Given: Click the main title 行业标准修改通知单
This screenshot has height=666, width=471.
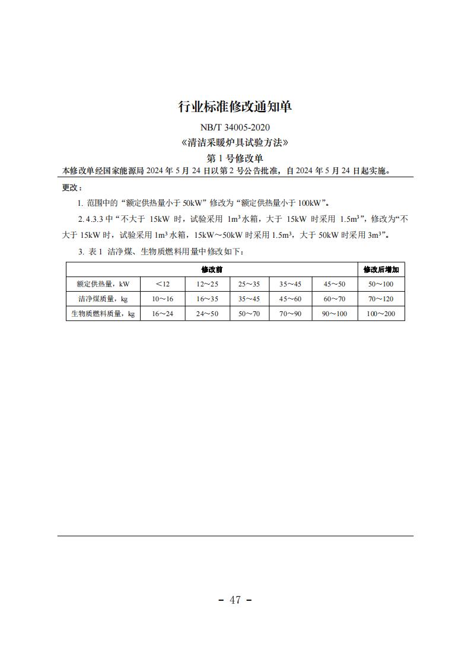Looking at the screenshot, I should click(x=235, y=107).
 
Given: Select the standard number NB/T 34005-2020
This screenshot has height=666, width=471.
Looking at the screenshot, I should click(x=235, y=127).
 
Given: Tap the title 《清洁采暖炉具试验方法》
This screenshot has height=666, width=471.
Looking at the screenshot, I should click(x=235, y=143).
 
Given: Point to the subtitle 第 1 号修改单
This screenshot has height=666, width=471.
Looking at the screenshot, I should click(x=235, y=158).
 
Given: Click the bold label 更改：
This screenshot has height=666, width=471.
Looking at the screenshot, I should click(x=71, y=187).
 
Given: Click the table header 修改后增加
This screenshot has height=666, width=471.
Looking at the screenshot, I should click(x=381, y=269).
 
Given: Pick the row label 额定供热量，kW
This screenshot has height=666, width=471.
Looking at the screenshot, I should click(x=103, y=284).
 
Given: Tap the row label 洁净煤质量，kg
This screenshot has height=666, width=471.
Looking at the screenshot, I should click(x=103, y=299).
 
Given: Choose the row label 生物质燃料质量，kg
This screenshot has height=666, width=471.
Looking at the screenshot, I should click(x=103, y=314).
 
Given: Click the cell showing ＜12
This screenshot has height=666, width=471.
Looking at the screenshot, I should click(x=163, y=284).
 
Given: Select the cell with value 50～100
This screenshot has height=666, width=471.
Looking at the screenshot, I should click(x=381, y=284).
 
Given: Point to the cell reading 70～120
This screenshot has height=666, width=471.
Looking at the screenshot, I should click(x=381, y=299).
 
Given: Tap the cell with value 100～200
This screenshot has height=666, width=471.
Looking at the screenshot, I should click(x=381, y=314).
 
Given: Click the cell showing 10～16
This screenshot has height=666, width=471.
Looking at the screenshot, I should click(x=163, y=299).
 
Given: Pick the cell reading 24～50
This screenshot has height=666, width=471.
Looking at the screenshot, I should click(x=207, y=314).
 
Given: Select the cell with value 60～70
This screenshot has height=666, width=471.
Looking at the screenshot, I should click(x=335, y=299).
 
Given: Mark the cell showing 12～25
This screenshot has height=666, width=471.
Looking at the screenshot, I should click(x=207, y=284).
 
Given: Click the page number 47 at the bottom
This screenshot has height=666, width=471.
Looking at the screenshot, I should click(x=235, y=600).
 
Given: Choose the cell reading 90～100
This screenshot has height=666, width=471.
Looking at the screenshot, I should click(x=335, y=314).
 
